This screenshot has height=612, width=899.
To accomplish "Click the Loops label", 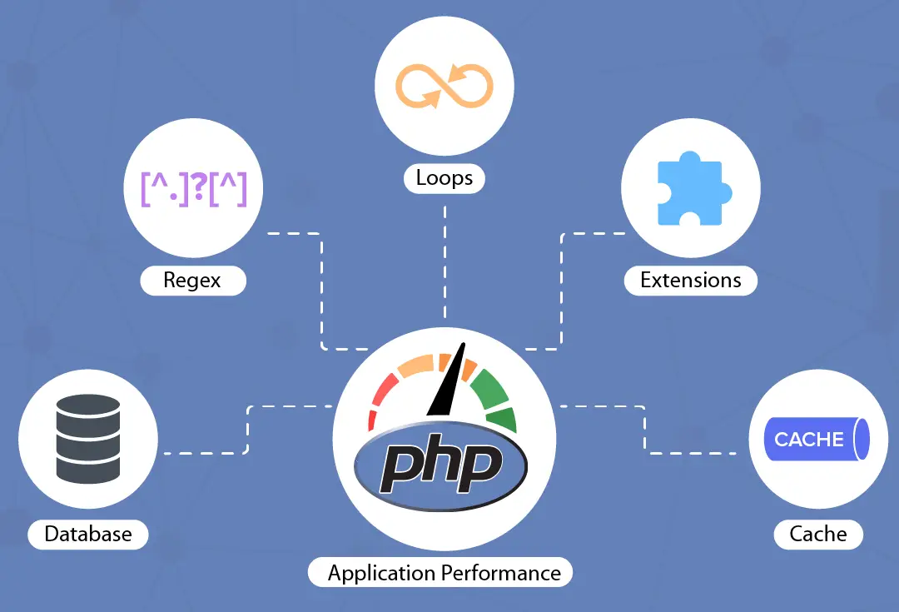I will coord(445,178).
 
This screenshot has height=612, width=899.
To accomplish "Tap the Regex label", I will coord(192,280).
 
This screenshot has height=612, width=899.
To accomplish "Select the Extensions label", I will coord(690,280).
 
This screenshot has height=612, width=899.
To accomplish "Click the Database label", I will coord(88,534).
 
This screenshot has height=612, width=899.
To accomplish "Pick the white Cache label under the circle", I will coord(817,534).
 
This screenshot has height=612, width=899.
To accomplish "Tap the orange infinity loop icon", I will coord(445,87).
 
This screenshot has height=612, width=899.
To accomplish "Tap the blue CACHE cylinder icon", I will coord(817,439).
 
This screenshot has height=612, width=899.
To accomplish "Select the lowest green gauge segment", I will coord(502,418).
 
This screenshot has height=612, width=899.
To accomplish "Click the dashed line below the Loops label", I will coord(445,250).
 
